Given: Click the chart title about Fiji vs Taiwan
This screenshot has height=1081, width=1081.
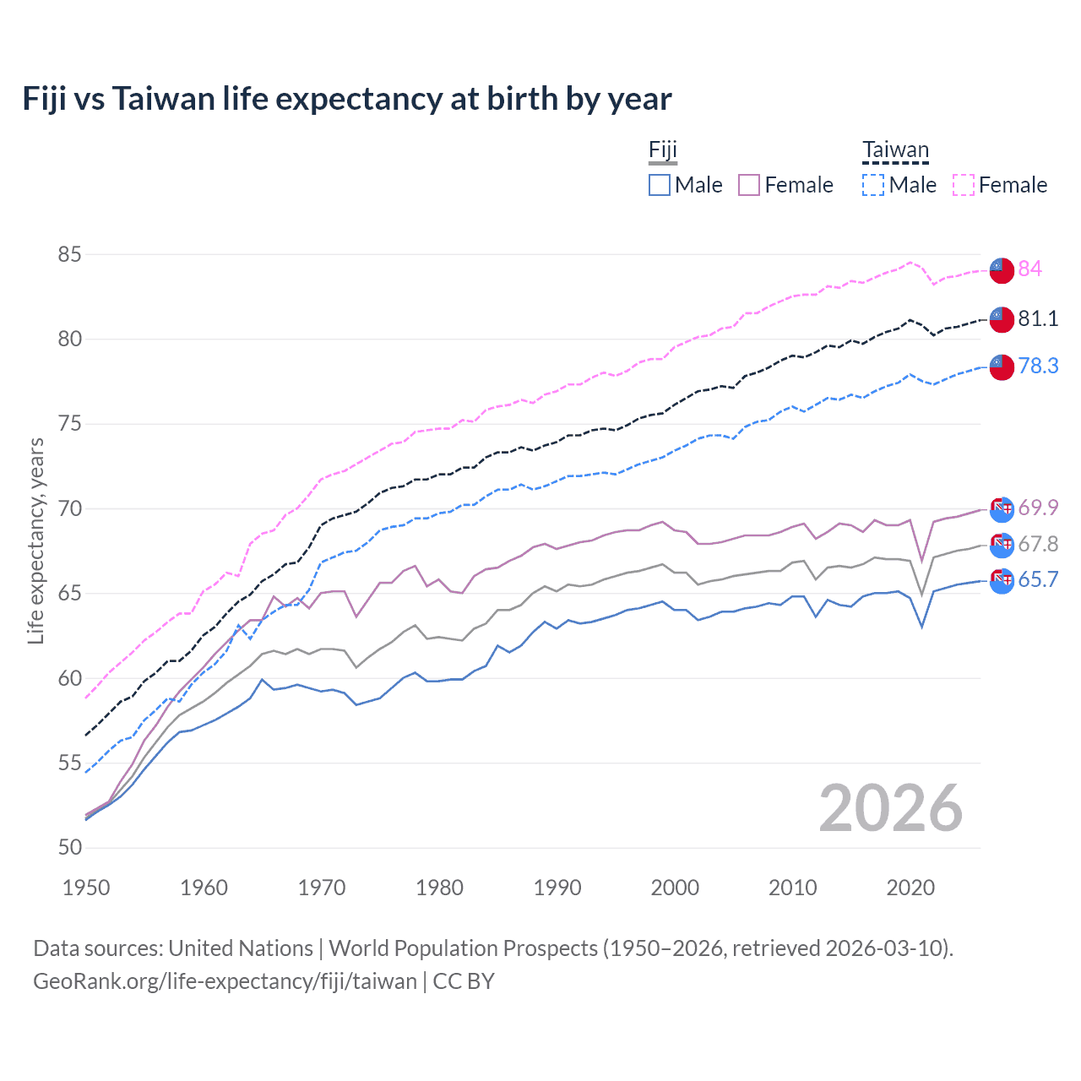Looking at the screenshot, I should pyautogui.click(x=347, y=99).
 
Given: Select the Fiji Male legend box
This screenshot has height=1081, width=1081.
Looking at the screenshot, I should pyautogui.click(x=660, y=185).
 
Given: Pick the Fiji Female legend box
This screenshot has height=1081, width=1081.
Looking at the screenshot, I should pyautogui.click(x=749, y=185).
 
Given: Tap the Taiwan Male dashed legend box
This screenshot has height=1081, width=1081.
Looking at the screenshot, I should pyautogui.click(x=873, y=185).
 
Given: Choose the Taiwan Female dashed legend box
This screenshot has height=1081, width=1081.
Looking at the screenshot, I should pyautogui.click(x=964, y=185).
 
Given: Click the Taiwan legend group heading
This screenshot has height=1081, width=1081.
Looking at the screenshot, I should pyautogui.click(x=895, y=150).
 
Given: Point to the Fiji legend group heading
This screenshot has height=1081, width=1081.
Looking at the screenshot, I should pyautogui.click(x=663, y=150).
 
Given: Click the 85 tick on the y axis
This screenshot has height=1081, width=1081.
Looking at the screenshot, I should pyautogui.click(x=70, y=254).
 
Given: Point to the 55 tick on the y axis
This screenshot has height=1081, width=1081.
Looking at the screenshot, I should pyautogui.click(x=70, y=763).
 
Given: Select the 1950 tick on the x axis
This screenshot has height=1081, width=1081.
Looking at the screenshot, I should pyautogui.click(x=86, y=888).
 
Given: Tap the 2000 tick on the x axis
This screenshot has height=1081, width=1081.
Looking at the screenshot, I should pyautogui.click(x=675, y=888).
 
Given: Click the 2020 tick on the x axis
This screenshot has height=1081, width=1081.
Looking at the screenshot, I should pyautogui.click(x=910, y=888).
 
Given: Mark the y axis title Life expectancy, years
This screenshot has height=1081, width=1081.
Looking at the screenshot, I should pyautogui.click(x=35, y=540).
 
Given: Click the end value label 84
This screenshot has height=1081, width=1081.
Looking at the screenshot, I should pyautogui.click(x=1029, y=269).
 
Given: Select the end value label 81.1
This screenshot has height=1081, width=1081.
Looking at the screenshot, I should pyautogui.click(x=1038, y=318).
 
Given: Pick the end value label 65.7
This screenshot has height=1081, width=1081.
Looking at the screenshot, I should pyautogui.click(x=1038, y=579).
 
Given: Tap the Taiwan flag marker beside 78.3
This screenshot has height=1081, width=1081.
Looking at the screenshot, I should pyautogui.click(x=1001, y=367).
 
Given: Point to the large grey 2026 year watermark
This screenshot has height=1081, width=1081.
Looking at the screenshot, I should pyautogui.click(x=890, y=808).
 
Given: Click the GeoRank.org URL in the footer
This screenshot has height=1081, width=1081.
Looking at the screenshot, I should pyautogui.click(x=225, y=981).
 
